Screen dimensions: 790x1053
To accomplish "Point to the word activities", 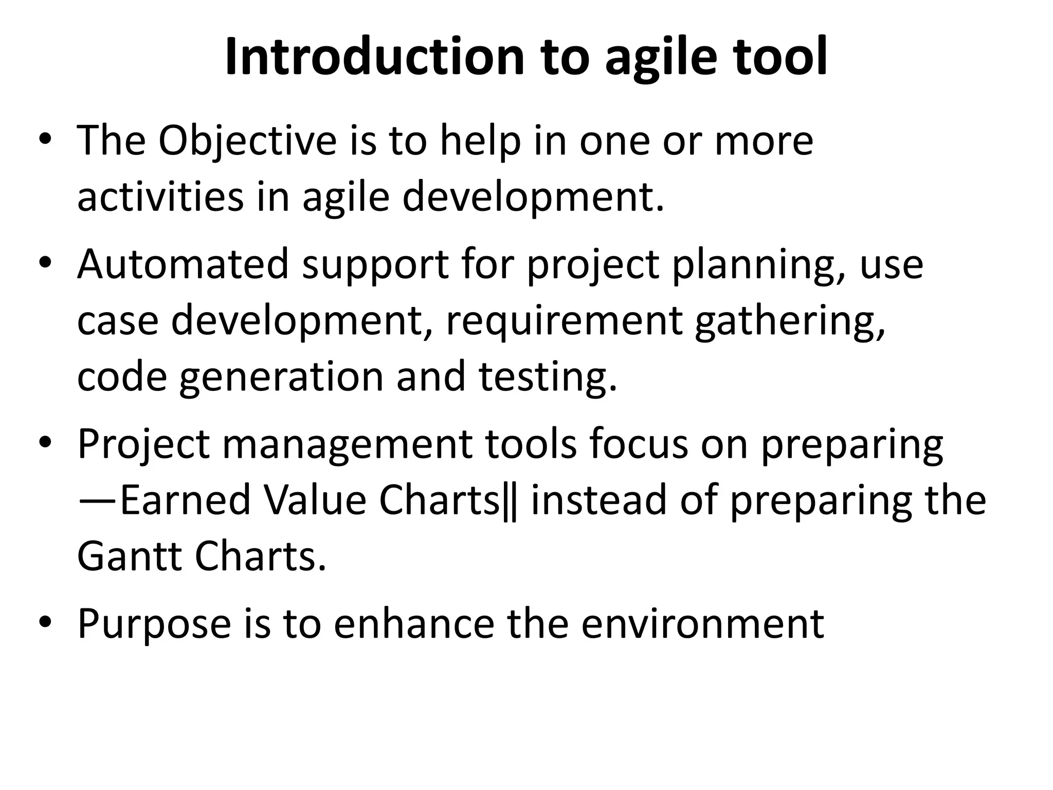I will click(160, 197).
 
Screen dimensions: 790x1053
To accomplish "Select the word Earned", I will click(185, 500).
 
